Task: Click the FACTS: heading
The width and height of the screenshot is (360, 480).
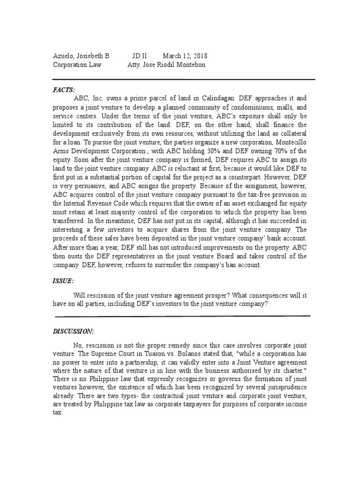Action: click(x=64, y=89)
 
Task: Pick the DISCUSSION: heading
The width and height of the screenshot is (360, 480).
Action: click(x=74, y=331)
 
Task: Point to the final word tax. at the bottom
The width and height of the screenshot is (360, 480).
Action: click(x=58, y=414)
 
